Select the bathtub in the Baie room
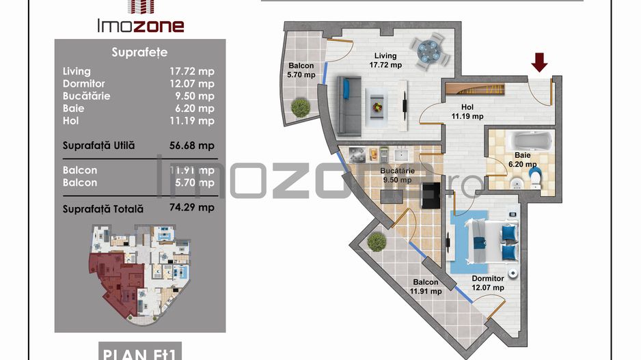(x=523, y=143)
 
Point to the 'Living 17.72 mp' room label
(x=386, y=61)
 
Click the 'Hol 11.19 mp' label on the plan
(x=467, y=111)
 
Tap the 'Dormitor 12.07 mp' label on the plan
(x=487, y=283)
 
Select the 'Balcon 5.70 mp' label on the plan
(x=301, y=71)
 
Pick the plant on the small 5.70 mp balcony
(x=300, y=107)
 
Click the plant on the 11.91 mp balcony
(x=376, y=241)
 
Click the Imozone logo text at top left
(x=139, y=26)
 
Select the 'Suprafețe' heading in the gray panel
(x=139, y=52)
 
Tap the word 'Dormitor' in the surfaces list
(x=84, y=83)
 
